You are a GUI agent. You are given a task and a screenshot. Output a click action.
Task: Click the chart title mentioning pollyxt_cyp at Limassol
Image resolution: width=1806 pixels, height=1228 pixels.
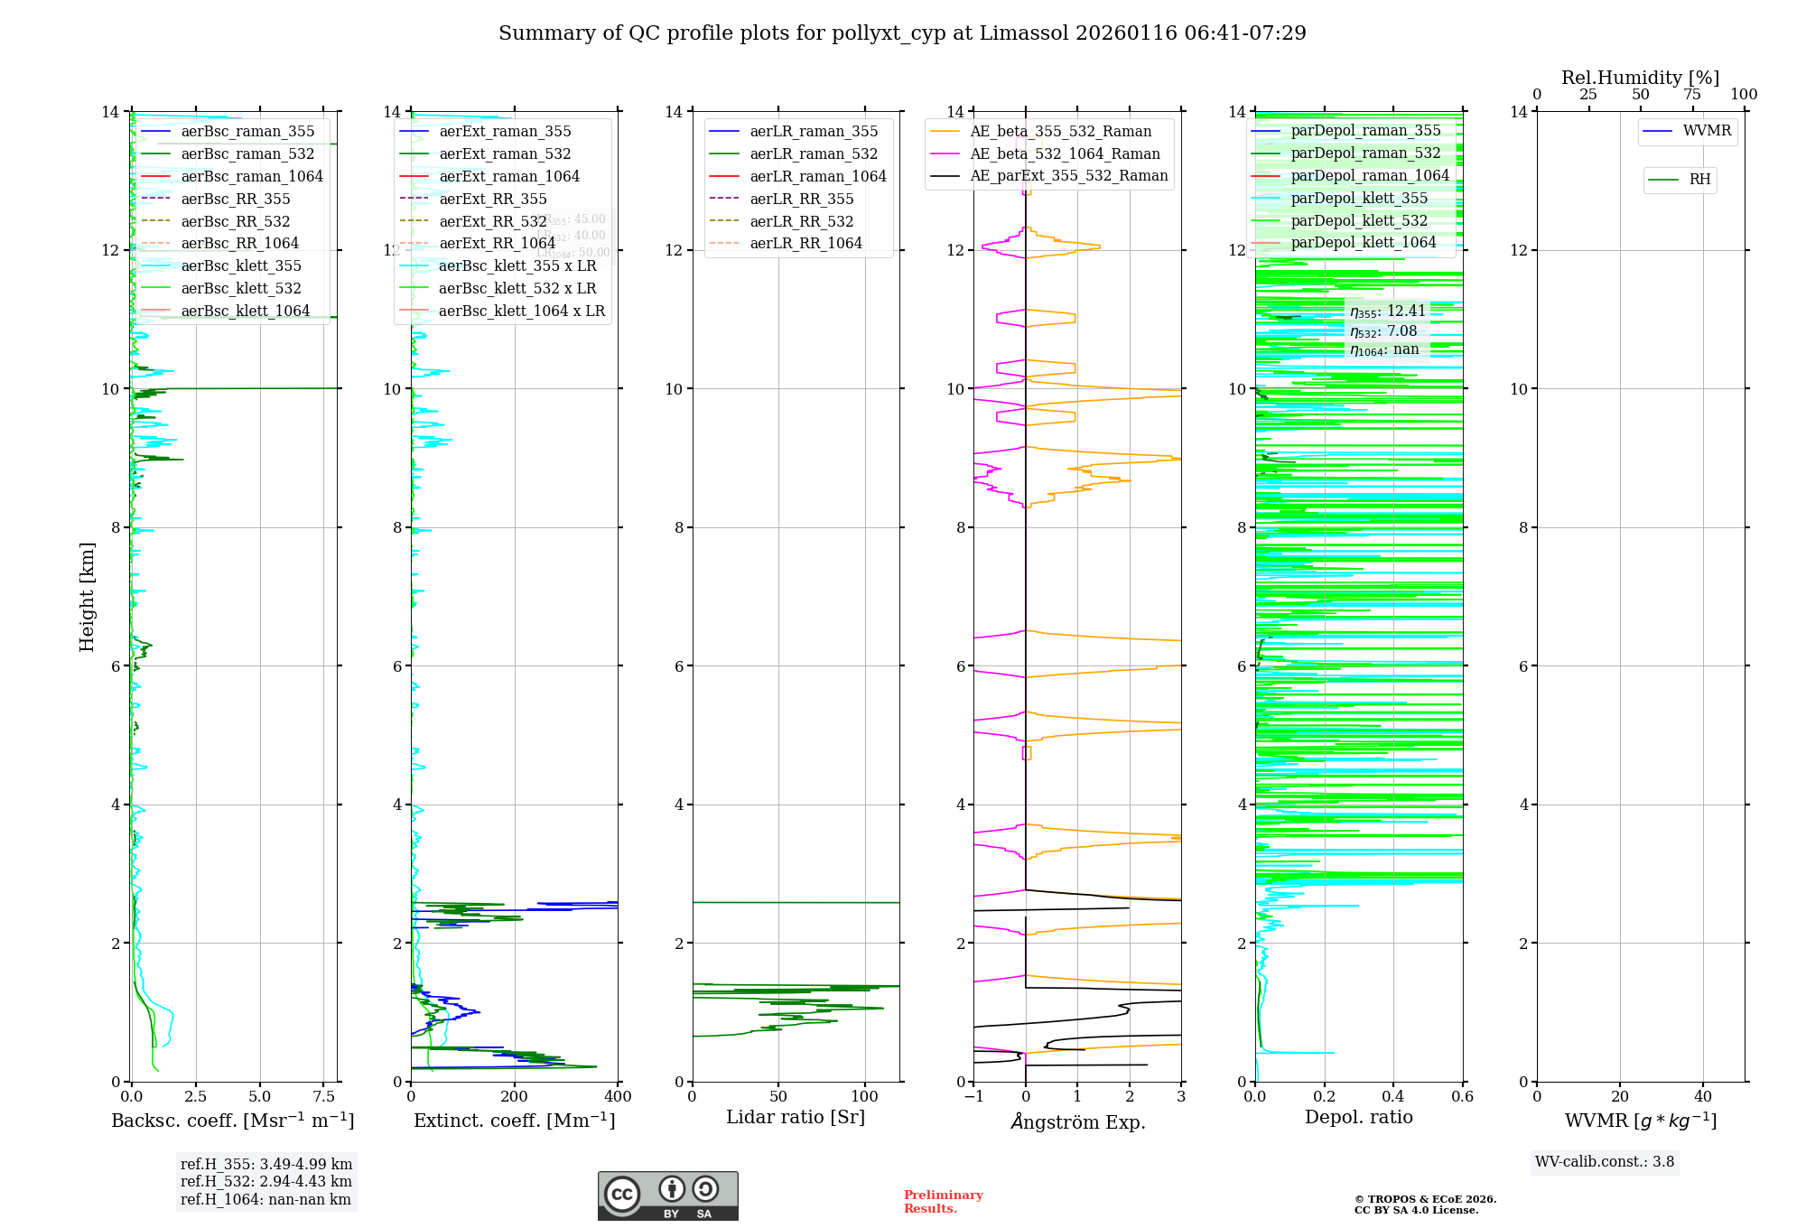(902, 33)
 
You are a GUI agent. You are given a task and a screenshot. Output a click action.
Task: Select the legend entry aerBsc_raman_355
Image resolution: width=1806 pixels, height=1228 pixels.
(247, 132)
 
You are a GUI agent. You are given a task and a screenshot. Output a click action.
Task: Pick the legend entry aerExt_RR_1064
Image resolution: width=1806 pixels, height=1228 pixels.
(497, 244)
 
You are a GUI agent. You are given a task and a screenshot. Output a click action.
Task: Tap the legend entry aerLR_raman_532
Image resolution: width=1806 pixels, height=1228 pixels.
(814, 154)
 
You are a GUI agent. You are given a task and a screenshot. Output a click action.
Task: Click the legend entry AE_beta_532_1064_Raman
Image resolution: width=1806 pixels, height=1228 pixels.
(1065, 154)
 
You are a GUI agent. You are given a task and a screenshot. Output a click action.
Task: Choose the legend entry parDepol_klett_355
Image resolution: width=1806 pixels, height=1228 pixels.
(1359, 199)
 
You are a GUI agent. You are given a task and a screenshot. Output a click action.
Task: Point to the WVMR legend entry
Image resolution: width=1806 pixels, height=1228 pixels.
(1707, 132)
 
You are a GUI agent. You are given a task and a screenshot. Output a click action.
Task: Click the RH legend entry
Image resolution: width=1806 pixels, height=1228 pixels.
(1699, 180)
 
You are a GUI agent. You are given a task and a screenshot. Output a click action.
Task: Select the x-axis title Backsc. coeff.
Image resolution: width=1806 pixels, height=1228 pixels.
(232, 1121)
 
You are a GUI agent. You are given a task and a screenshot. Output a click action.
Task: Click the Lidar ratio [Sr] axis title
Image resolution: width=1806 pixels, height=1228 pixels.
(796, 1118)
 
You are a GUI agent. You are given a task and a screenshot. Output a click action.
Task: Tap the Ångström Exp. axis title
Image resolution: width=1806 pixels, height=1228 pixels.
(1077, 1122)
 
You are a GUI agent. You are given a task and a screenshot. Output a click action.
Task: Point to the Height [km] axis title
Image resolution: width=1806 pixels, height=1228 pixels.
(87, 597)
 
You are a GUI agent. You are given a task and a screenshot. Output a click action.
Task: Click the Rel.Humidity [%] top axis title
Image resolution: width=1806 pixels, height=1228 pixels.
(1640, 78)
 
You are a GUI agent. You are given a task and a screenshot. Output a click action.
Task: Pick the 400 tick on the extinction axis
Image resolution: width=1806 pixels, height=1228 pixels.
(619, 1097)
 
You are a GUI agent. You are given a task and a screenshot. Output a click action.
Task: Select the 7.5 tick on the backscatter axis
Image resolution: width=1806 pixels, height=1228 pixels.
(323, 1097)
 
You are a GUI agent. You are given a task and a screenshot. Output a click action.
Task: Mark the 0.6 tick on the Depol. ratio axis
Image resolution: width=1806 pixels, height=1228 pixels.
(1462, 1097)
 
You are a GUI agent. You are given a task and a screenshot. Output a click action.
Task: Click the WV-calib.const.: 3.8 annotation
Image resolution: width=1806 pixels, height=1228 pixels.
(1605, 1162)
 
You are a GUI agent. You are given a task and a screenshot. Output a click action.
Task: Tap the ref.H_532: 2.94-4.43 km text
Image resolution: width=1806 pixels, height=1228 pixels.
(266, 1182)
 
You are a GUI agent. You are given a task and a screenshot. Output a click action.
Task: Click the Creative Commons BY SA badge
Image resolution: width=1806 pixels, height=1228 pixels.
(668, 1196)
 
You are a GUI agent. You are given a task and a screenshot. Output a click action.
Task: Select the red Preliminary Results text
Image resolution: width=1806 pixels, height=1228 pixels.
(943, 1202)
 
